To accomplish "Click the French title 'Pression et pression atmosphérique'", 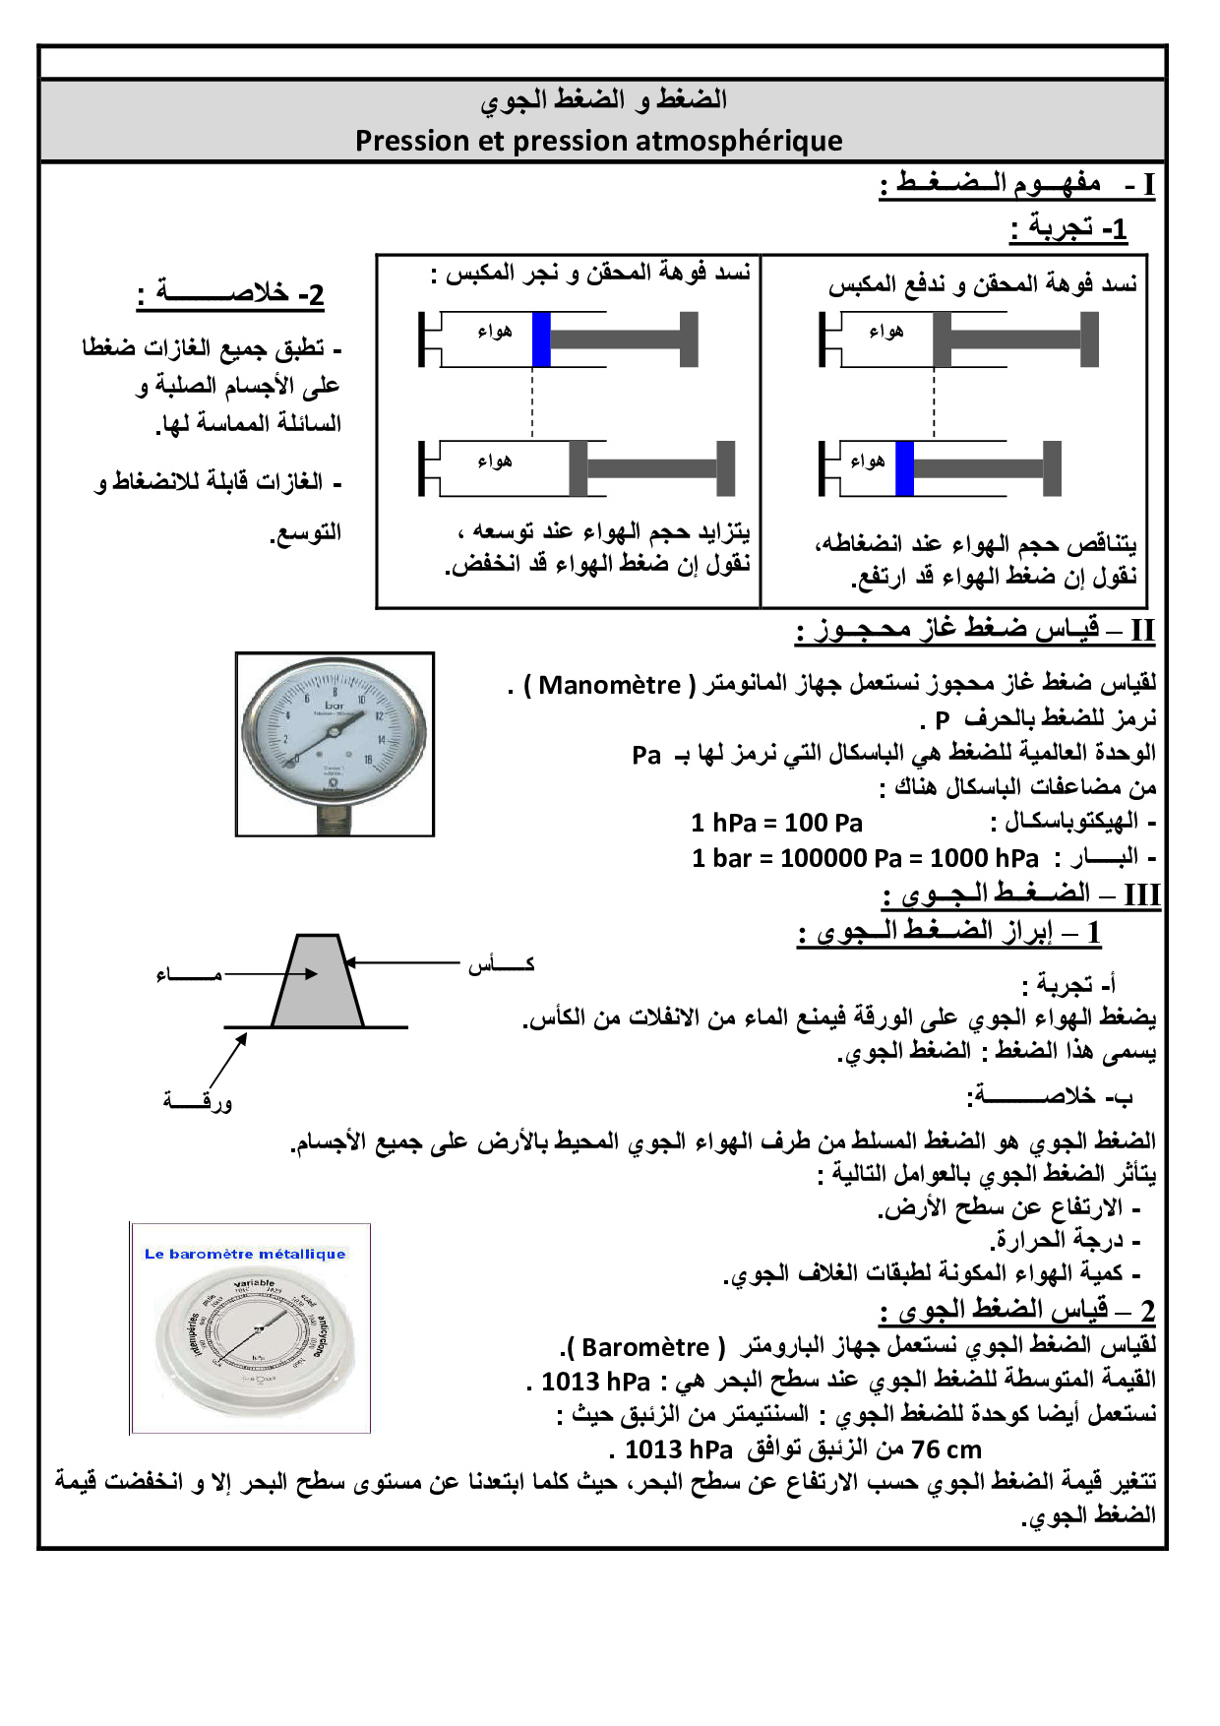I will (x=598, y=141).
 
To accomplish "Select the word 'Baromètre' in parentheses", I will (x=645, y=1346).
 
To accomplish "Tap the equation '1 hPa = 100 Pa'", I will (x=776, y=823).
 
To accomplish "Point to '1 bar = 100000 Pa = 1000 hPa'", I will (x=865, y=858).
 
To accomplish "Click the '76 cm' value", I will (x=946, y=1449).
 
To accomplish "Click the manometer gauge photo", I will (x=335, y=744).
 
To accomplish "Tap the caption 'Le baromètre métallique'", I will (x=245, y=1254).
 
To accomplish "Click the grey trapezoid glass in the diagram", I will (x=317, y=984).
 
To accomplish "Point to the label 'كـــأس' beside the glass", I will (x=501, y=963).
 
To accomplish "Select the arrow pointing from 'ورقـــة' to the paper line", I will (x=227, y=1062).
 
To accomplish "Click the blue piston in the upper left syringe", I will (x=541, y=339).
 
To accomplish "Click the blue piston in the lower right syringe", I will (x=904, y=468).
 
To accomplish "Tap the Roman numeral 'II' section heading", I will (x=1141, y=630).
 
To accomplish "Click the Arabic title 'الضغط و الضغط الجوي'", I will (x=603, y=99).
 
